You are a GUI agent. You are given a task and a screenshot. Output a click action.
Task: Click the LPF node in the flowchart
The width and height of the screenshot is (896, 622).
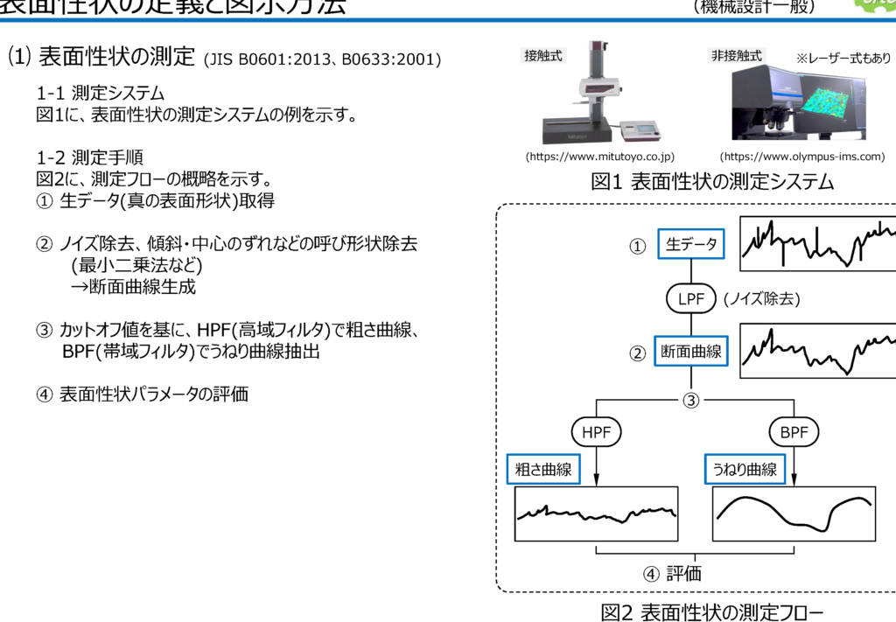[x=690, y=298]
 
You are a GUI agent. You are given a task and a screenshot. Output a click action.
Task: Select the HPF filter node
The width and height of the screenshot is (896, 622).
[x=596, y=431]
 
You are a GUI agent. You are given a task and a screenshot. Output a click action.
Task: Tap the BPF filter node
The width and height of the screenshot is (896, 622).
[x=794, y=431]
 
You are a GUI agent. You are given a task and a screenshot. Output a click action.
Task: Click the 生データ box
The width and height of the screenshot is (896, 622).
[x=690, y=245]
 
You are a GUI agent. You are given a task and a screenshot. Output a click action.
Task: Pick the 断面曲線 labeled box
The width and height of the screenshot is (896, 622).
[x=690, y=352]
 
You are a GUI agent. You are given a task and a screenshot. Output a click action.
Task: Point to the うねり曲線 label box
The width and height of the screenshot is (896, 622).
[x=745, y=470]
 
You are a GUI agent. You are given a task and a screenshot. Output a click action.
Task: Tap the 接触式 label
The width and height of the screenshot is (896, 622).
[x=543, y=56]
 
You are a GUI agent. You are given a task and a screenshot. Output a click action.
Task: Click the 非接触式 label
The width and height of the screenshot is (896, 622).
[x=736, y=56]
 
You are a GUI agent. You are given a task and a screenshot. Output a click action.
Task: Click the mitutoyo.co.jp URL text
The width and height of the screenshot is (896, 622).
[x=599, y=157]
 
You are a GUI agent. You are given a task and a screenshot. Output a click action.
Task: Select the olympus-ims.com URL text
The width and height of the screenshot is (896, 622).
[x=801, y=157]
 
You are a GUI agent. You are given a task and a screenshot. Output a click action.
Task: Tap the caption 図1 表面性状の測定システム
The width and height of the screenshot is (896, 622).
[x=712, y=182]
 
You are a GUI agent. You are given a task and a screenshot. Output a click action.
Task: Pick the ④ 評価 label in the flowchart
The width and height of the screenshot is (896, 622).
[x=672, y=574]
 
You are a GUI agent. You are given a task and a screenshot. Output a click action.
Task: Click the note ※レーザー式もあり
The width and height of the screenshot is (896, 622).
[x=843, y=59]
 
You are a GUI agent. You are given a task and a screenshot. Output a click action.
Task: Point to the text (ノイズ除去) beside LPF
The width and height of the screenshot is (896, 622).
[x=762, y=299]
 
